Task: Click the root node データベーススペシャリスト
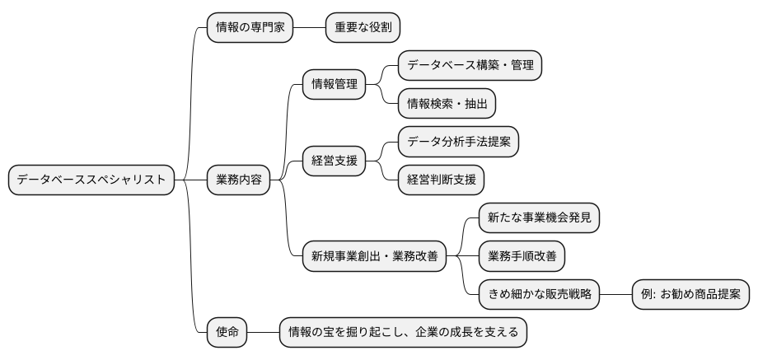pyautogui.click(x=91, y=180)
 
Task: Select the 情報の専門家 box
pyautogui.click(x=250, y=27)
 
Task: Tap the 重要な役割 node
pyautogui.click(x=363, y=27)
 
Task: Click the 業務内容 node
pyautogui.click(x=238, y=180)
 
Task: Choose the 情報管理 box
pyautogui.click(x=335, y=85)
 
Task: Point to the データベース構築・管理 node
pyautogui.click(x=470, y=65)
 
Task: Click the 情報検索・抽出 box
pyautogui.click(x=447, y=103)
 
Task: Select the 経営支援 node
pyautogui.click(x=335, y=161)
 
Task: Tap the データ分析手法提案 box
pyautogui.click(x=459, y=142)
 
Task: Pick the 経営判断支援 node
pyautogui.click(x=442, y=180)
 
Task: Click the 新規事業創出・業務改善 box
pyautogui.click(x=375, y=256)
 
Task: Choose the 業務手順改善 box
pyautogui.click(x=522, y=255)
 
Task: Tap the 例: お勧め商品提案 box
pyautogui.click(x=691, y=293)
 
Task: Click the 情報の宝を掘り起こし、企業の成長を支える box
pyautogui.click(x=403, y=332)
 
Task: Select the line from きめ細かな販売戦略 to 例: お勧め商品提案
pyautogui.click(x=617, y=293)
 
